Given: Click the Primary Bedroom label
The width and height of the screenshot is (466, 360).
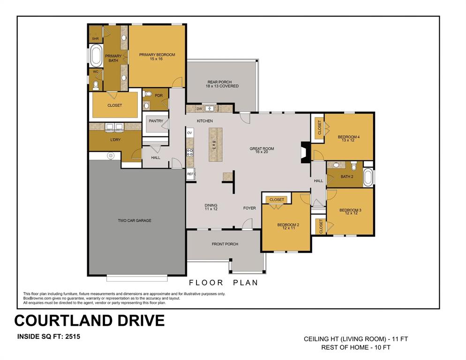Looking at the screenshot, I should (x=157, y=55).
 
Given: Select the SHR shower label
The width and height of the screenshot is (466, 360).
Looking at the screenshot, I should (x=95, y=38).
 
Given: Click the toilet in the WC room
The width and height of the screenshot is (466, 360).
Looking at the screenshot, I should (x=96, y=85).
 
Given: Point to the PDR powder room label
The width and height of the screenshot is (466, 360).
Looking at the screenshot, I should (x=158, y=96).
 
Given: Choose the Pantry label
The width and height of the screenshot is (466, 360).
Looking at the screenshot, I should (x=156, y=121).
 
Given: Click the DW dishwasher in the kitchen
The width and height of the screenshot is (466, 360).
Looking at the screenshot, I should (x=199, y=109).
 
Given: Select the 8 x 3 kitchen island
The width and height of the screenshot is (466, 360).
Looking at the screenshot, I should (x=215, y=144).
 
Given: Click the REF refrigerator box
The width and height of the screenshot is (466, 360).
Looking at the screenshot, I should (x=190, y=174).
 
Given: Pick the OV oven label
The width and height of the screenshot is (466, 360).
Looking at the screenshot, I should (x=190, y=133).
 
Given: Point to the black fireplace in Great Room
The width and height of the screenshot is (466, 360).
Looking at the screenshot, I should (x=305, y=151).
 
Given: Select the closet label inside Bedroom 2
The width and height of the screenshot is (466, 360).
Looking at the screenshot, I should (x=277, y=200).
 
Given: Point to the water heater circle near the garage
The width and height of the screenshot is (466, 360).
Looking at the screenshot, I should (x=111, y=155).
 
